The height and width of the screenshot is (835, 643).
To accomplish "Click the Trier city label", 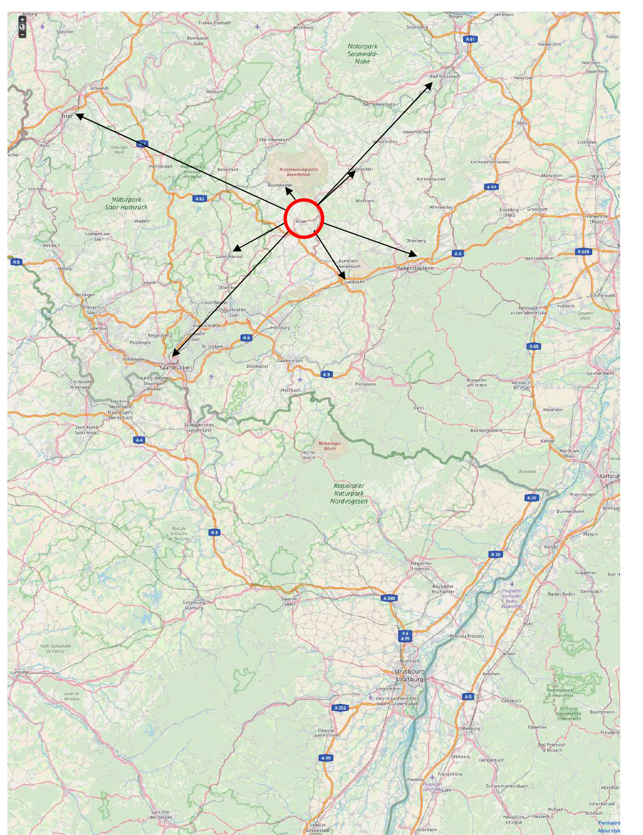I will click(x=66, y=116).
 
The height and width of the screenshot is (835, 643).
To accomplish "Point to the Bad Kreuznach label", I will click(x=444, y=76).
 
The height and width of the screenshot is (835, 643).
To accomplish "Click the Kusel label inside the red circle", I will click(x=301, y=221).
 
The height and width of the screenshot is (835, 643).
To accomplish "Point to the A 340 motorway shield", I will click(x=389, y=598).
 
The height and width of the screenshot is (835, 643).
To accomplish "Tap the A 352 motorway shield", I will click(x=339, y=708).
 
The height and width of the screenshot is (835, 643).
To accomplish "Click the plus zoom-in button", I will click(x=22, y=20).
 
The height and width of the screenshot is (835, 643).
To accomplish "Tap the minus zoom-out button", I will click(x=22, y=35).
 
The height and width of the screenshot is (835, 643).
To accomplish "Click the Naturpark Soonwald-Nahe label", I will click(x=362, y=54).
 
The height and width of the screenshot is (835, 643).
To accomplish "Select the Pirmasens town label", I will click(x=365, y=384).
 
